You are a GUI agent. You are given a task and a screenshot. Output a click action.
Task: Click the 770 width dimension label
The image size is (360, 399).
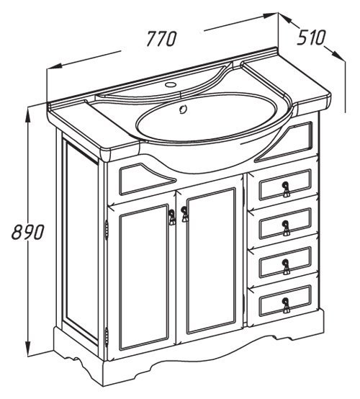(x=162, y=39)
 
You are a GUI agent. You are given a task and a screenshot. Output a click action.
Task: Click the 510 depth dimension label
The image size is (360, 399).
(x=311, y=37)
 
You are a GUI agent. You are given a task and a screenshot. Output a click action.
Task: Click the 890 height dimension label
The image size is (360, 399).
(x=28, y=232)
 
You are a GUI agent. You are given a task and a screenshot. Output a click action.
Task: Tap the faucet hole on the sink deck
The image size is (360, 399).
(x=171, y=84)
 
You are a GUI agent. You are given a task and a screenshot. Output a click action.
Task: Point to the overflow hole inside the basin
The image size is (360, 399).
(x=183, y=109)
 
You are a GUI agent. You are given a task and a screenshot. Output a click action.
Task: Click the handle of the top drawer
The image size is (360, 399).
(x=286, y=189)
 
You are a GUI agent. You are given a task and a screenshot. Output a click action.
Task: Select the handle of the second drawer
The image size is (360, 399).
(x=286, y=228)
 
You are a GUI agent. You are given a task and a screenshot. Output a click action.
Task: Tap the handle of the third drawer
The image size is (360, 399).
(x=286, y=266)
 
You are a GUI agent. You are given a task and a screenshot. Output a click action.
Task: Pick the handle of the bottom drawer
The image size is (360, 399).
(x=286, y=305)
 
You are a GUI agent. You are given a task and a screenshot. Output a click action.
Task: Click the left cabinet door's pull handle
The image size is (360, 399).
(x=172, y=217)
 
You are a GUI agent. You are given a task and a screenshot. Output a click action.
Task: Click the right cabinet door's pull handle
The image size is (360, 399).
(x=185, y=214)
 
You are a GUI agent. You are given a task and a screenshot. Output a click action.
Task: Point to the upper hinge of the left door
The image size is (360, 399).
(x=107, y=230)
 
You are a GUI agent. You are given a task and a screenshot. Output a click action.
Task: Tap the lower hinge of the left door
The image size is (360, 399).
(x=107, y=337)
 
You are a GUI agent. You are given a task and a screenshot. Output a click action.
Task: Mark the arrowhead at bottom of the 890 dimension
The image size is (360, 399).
(x=27, y=348)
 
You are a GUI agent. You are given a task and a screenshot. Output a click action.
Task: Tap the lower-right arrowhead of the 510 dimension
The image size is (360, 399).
(x=338, y=55)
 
